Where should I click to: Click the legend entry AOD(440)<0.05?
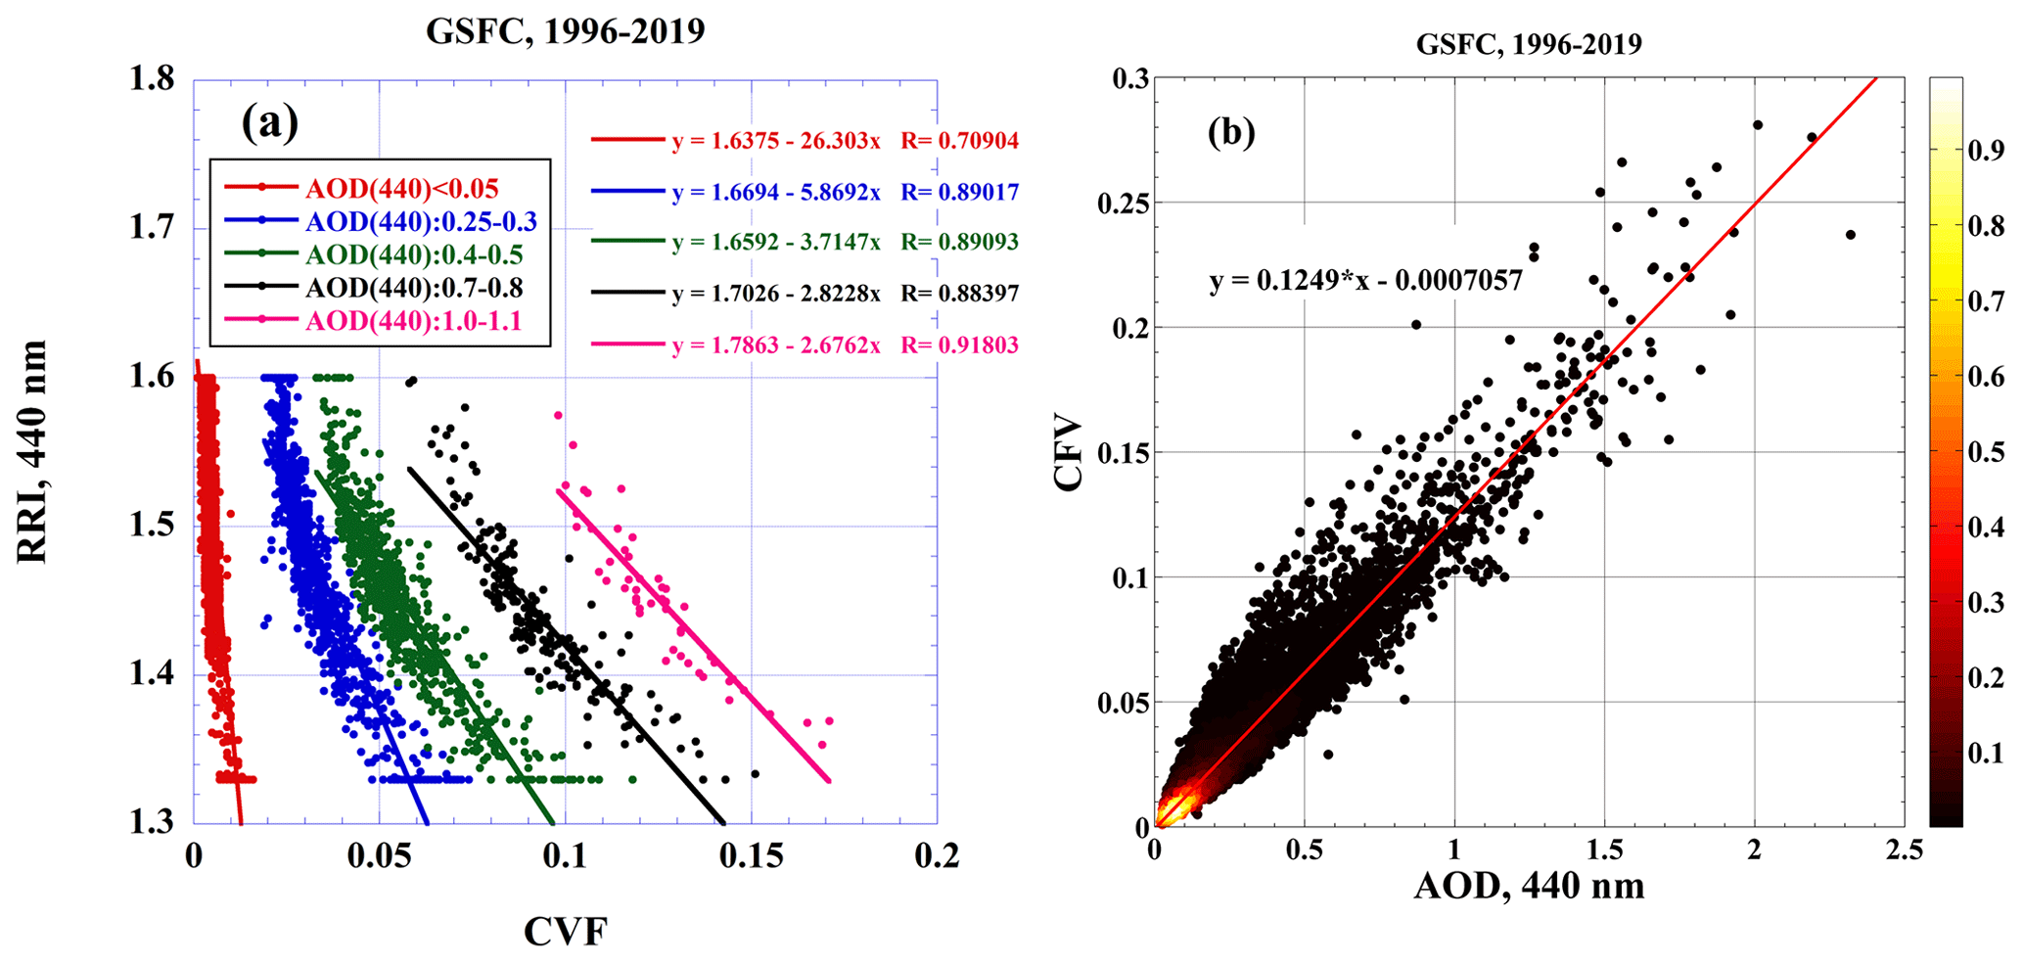401,188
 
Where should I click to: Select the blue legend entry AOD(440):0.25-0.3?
421,222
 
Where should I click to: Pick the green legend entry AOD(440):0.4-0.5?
414,255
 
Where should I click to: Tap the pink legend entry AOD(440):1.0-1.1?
415,321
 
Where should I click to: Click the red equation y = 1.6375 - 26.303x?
776,141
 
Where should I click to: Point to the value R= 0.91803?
960,345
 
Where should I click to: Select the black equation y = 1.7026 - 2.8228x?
776,294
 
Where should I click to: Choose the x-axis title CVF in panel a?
565,932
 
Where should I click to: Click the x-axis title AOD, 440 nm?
1529,886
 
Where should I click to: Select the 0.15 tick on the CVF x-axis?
751,857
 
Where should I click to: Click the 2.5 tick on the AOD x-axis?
1904,849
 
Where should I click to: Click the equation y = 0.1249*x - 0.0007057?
1366,282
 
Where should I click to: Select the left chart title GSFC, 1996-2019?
565,32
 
